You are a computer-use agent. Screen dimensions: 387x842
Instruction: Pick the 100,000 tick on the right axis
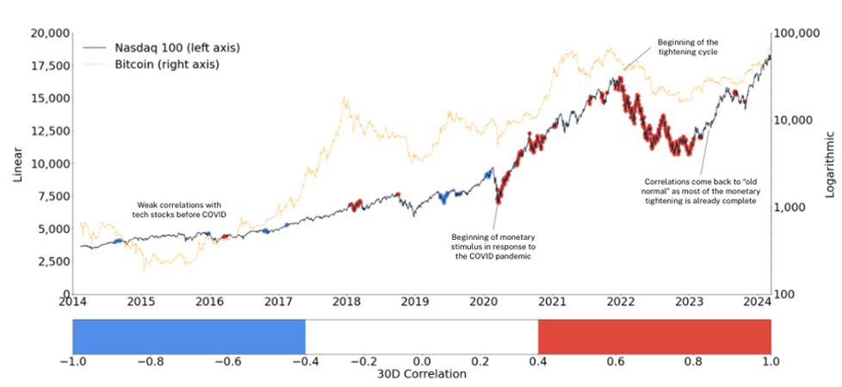pos(799,34)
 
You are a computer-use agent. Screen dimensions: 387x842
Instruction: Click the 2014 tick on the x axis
pos(72,302)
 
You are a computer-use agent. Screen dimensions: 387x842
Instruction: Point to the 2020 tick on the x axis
pos(482,302)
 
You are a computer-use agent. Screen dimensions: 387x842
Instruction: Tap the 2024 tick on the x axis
pos(758,302)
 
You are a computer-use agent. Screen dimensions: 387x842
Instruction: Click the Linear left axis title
pos(16,163)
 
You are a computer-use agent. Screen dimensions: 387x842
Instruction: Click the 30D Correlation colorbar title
pos(422,375)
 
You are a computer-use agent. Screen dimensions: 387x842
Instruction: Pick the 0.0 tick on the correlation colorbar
pos(422,361)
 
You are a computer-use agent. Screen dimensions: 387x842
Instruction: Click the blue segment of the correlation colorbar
pos(189,335)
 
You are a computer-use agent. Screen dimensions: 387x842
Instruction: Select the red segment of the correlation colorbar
pos(654,335)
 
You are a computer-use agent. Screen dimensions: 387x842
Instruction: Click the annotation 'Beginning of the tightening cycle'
pos(687,46)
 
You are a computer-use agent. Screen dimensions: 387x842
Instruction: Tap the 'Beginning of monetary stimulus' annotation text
pos(493,245)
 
